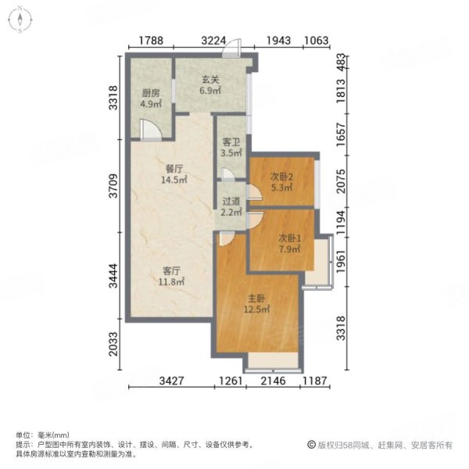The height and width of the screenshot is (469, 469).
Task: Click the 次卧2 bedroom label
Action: pos(280,176)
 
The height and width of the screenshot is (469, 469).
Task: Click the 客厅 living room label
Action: pos(172,270)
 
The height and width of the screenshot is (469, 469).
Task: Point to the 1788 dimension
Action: pos(152,41)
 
